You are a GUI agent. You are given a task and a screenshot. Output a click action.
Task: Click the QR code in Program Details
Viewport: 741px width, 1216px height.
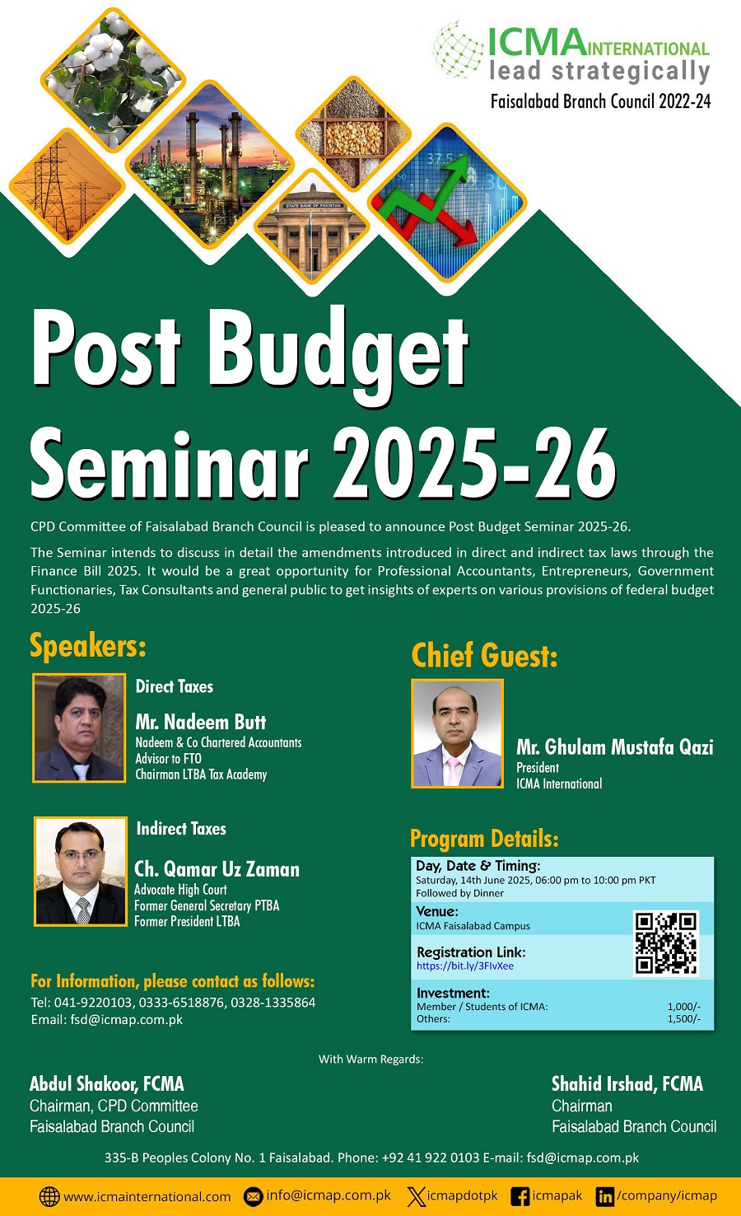tap(665, 943)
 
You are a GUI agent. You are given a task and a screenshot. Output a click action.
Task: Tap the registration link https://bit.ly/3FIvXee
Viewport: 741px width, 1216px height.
tap(465, 966)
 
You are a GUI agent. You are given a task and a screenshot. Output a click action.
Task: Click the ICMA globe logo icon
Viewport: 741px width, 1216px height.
tap(459, 50)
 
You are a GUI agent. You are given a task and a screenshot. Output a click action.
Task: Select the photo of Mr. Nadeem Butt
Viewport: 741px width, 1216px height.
tap(79, 728)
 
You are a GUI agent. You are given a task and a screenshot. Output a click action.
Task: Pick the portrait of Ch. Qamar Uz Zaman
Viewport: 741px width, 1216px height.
tap(81, 872)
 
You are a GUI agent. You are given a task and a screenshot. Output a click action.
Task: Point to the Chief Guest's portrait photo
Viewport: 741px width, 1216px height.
tap(457, 733)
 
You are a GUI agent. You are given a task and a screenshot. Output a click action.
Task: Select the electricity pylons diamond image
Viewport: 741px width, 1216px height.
tap(68, 185)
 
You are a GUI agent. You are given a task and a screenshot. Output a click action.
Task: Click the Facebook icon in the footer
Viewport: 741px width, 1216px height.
tap(520, 1196)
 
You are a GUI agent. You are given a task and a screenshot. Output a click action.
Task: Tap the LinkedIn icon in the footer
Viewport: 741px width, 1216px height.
tap(605, 1196)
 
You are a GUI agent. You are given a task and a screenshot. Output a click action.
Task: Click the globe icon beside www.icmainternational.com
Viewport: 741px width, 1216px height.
tap(49, 1196)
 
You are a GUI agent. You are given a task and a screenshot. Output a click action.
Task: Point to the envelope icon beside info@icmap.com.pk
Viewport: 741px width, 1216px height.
tap(253, 1196)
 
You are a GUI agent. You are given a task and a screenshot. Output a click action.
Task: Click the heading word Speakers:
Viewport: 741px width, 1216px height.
tap(88, 646)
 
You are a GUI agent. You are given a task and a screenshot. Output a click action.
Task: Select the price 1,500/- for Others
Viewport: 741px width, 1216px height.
tap(684, 1019)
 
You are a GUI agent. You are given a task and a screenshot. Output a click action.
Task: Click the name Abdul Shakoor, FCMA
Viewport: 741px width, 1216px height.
tap(107, 1083)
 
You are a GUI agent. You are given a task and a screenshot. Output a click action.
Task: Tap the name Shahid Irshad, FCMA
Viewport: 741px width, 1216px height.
tap(627, 1083)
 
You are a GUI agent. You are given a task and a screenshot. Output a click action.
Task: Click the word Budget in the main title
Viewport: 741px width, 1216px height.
tap(338, 353)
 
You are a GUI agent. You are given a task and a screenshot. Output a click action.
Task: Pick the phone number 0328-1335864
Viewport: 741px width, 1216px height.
tap(273, 1002)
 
